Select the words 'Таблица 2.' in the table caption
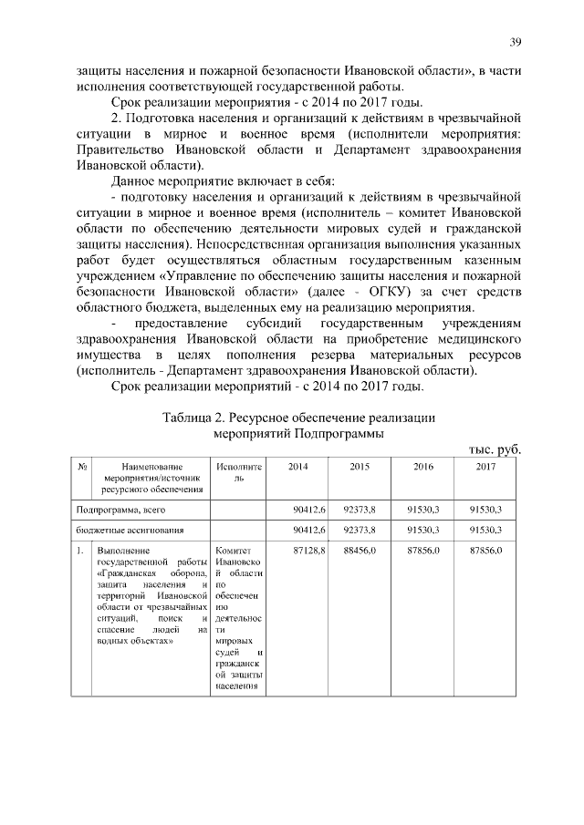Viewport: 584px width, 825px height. (x=194, y=418)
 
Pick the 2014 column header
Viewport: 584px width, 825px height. (x=297, y=467)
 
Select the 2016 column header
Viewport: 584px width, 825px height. (x=422, y=467)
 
